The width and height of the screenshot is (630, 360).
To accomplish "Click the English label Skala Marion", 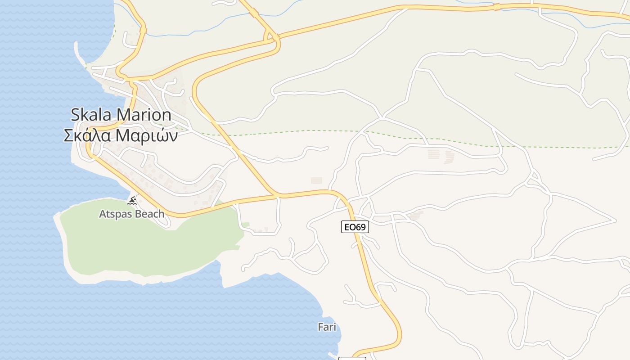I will coord(121,115).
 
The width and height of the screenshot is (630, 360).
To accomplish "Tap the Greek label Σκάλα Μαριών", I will coord(121,135).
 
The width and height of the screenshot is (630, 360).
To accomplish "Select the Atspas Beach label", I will coord(131,214).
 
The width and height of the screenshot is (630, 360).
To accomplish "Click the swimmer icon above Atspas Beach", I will coord(132,201).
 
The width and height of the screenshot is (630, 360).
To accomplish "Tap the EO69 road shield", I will coord(355,227).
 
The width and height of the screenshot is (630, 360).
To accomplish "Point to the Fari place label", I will coord(327,327).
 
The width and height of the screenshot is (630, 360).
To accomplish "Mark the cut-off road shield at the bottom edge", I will coord(352,358).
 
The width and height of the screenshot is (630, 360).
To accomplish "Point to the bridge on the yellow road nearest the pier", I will coord(143,31).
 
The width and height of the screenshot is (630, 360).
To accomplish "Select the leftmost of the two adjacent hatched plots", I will coord(433,154).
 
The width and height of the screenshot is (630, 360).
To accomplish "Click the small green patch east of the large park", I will coord(245,225).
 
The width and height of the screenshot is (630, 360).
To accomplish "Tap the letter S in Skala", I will coord(76,115).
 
